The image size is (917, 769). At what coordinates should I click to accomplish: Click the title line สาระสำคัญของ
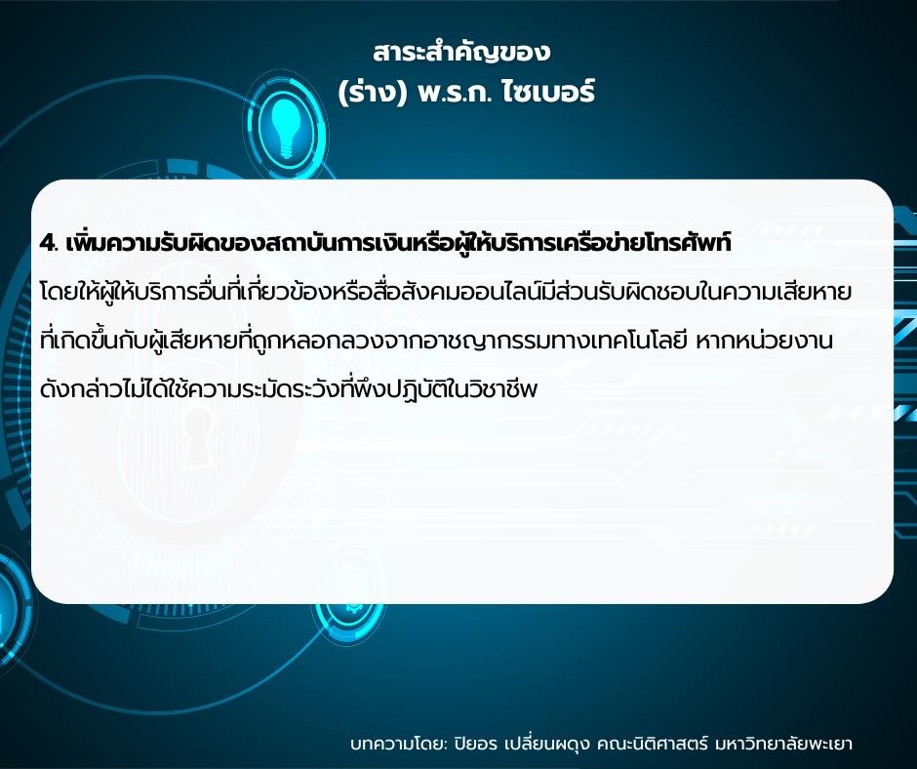[x=461, y=53]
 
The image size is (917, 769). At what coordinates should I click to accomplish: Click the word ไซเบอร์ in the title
[x=548, y=92]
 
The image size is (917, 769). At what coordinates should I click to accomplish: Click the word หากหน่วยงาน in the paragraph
[x=765, y=341]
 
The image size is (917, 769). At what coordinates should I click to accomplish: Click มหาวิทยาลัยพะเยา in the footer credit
[x=783, y=744]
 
